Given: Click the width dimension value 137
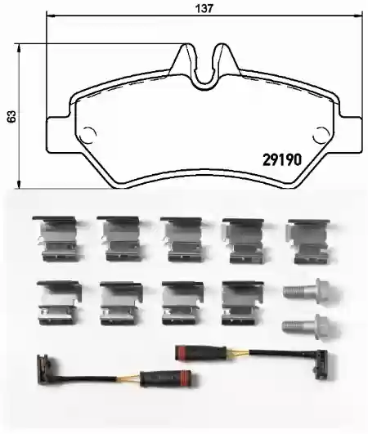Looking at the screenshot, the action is (x=204, y=8).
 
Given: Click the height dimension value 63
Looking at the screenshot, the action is (x=12, y=117).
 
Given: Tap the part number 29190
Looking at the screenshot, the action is (x=282, y=159).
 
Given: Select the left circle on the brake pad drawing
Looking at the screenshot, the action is (x=88, y=136).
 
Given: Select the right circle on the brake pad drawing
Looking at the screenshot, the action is (x=321, y=136).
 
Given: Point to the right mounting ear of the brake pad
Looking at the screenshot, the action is (x=350, y=135).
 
